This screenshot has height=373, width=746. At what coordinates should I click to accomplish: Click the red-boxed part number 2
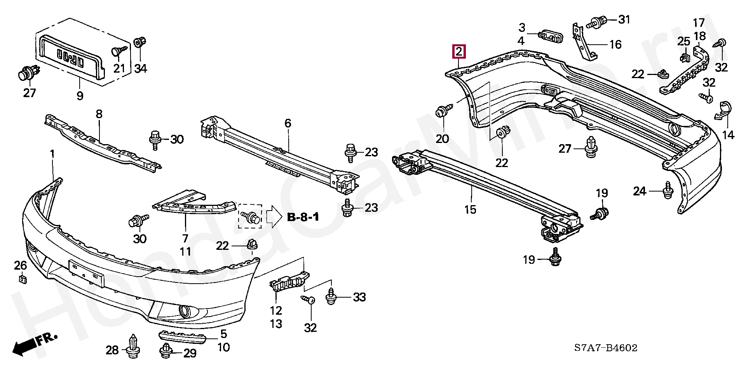[459, 51]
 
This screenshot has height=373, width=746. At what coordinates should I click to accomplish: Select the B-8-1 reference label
[303, 217]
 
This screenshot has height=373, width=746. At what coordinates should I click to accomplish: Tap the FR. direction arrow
[34, 345]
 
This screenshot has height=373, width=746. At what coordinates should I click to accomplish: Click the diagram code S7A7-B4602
[606, 348]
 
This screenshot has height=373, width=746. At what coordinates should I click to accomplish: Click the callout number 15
[470, 209]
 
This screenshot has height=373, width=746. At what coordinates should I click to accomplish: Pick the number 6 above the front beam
[288, 124]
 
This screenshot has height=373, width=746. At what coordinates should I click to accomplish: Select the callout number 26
[20, 265]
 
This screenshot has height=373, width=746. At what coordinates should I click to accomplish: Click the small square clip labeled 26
[22, 279]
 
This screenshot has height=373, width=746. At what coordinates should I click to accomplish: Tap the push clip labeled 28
[133, 345]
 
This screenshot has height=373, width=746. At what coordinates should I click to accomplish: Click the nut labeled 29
[166, 351]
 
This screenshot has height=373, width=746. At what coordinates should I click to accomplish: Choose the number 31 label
[624, 19]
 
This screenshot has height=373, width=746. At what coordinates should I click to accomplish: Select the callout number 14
[728, 135]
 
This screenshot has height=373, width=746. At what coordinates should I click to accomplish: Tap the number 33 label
[359, 297]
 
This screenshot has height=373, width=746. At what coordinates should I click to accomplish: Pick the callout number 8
[99, 114]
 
